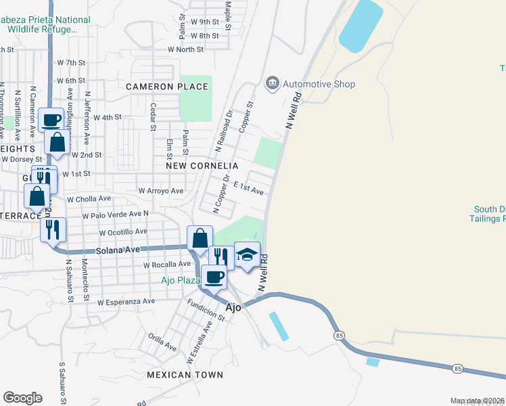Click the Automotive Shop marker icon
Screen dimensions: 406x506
coord(273,83)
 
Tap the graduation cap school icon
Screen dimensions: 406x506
coord(247,254)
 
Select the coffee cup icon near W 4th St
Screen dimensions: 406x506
coord(51,120)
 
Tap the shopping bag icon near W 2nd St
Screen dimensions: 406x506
coord(57,143)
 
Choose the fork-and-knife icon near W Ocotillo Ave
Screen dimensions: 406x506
coord(53,230)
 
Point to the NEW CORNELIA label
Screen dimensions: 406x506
coord(202,166)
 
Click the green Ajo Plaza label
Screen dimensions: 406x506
coord(180,280)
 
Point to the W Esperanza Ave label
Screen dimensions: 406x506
coord(126,302)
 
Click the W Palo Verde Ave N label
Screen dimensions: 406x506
coord(115,215)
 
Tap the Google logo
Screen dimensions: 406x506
coord(22,398)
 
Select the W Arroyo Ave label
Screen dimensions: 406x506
coord(160,191)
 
